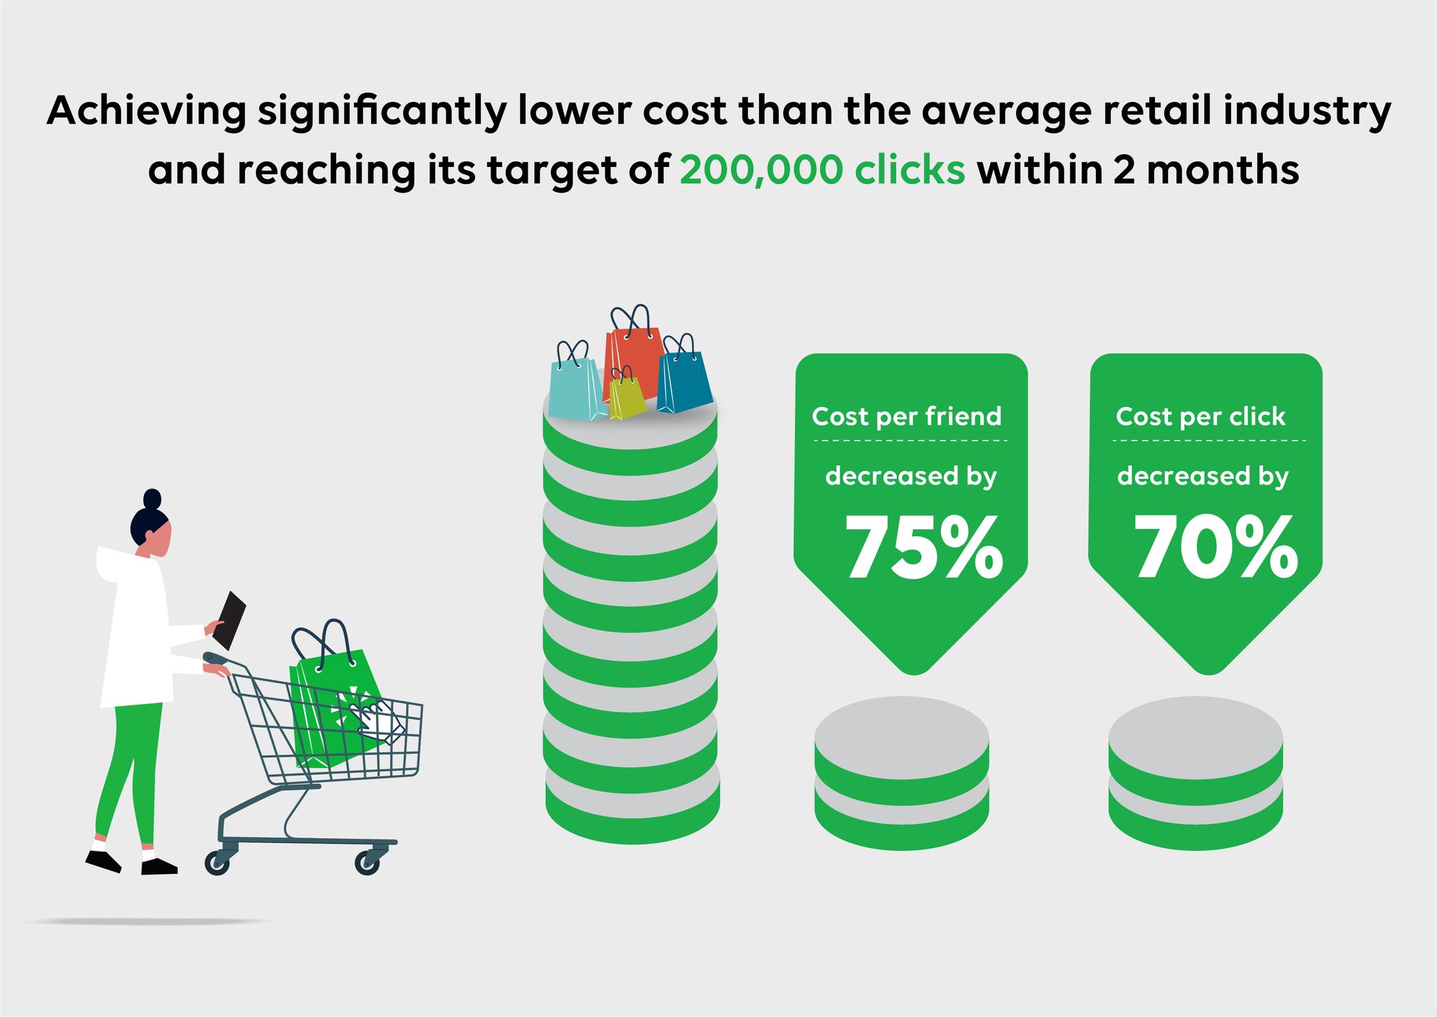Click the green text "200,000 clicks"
822,171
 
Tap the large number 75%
923,547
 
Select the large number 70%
1216,547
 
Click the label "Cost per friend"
907,417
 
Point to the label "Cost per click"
1201,417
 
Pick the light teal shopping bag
577,383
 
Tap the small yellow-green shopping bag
627,394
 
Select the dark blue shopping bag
684,376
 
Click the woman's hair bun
152,498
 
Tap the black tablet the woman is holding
229,620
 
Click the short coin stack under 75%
902,773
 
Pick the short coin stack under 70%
1196,773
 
